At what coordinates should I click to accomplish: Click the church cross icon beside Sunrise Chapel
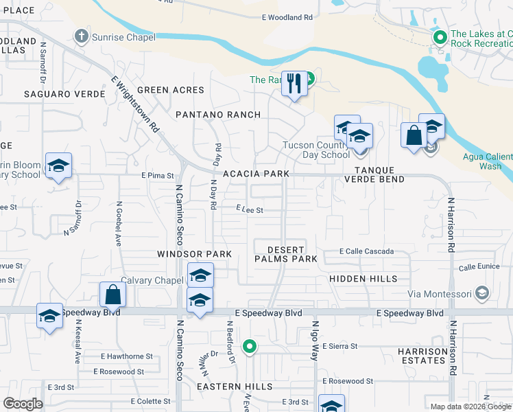[x=82, y=36]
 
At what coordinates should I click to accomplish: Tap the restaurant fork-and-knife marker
[x=295, y=84]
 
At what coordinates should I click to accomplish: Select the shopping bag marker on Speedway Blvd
[x=112, y=295]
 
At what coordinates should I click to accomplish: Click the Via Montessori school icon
[x=482, y=294]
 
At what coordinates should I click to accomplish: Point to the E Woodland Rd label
[x=287, y=17]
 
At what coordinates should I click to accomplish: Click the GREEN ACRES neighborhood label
[x=171, y=90]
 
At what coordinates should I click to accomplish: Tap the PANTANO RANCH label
[x=218, y=115]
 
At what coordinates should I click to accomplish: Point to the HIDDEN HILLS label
[x=363, y=279]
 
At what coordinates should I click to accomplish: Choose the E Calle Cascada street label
[x=366, y=251]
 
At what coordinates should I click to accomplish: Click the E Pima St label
[x=158, y=176]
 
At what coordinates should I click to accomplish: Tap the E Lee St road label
[x=250, y=210]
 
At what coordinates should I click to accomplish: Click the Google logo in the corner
[x=23, y=404]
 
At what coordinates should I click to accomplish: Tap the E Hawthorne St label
[x=127, y=356]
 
